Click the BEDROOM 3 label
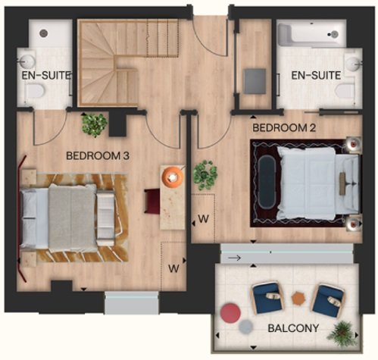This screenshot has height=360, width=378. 98,155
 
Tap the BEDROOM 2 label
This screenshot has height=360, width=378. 284,128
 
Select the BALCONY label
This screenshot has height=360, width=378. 293,328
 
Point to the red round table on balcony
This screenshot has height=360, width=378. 230,312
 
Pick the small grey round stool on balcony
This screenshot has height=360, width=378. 245,327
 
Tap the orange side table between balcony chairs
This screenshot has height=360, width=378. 298,298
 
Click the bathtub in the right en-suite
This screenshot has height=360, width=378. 311,34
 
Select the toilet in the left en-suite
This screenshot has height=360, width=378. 35,90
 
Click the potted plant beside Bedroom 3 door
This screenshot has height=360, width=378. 95,125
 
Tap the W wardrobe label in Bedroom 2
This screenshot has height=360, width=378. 203,219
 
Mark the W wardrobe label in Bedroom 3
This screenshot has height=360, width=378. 173,268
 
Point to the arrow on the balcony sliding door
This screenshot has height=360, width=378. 234,258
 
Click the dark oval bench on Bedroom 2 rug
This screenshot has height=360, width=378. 267,182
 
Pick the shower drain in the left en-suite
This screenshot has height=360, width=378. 44,33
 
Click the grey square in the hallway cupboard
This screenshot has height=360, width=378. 255,81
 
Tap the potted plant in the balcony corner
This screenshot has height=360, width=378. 342,334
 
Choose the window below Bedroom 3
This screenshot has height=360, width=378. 131,302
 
